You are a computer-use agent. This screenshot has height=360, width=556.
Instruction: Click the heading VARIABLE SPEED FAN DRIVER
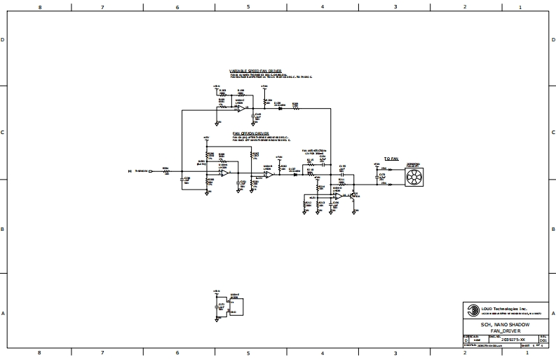tap(255, 71)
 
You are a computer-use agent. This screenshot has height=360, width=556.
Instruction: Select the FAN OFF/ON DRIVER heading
tap(250, 132)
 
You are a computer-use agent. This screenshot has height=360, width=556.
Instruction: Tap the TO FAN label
tap(391, 159)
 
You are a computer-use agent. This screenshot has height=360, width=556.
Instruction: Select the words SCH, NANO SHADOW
tap(505, 324)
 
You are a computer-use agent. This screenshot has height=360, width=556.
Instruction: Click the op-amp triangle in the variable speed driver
tap(240, 108)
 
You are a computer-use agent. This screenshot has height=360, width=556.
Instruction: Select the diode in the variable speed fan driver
tap(280, 108)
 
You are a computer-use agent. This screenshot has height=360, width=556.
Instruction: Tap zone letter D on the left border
tap(4, 40)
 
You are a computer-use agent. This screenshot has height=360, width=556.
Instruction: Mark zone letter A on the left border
tap(4, 313)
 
